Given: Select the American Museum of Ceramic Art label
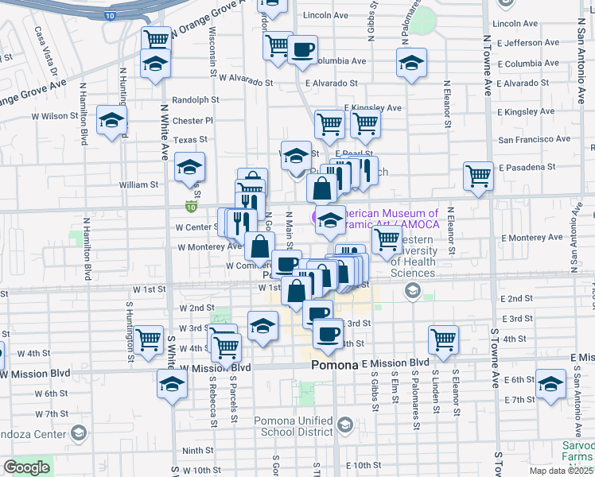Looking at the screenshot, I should [387, 219].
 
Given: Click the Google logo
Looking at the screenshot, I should [26, 467].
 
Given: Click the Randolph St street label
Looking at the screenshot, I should [196, 100].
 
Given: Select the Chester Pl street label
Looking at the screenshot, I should [193, 121].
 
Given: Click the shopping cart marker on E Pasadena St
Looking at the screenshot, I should [478, 176].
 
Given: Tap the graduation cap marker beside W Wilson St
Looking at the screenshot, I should [112, 121].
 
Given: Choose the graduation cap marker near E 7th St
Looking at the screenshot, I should [550, 385].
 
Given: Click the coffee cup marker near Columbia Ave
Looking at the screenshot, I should [302, 50].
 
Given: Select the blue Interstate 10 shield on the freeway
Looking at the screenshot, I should [109, 15].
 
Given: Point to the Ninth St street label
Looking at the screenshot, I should [196, 450].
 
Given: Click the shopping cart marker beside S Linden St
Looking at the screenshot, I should [443, 339].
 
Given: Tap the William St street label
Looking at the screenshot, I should [139, 184].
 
